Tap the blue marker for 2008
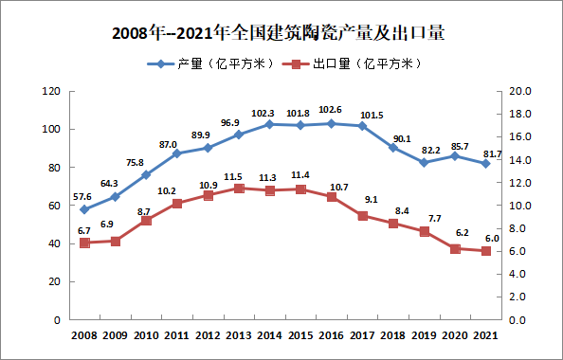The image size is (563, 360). click(x=84, y=209)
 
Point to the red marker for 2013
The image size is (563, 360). click(x=239, y=189)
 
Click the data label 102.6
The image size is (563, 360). click(x=331, y=110)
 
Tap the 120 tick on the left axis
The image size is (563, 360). click(x=53, y=91)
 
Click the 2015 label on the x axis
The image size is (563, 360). click(x=300, y=334)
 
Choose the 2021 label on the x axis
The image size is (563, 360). click(x=486, y=334)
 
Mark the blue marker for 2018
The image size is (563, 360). click(x=393, y=147)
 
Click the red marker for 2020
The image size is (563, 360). click(x=455, y=249)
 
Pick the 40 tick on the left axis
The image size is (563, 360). click(x=56, y=243)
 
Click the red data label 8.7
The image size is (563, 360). click(x=144, y=210)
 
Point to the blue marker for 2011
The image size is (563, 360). click(x=177, y=153)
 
